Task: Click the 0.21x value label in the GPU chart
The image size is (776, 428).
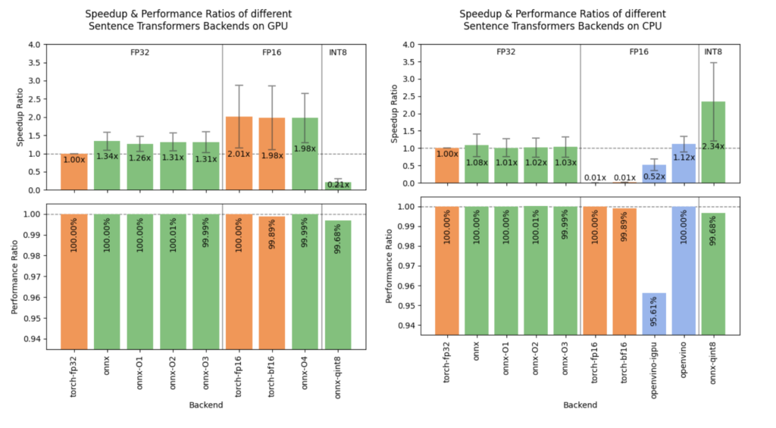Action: pos(337,185)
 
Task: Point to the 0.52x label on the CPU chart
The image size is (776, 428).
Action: pos(653,177)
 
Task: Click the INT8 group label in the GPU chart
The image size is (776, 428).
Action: pos(336,53)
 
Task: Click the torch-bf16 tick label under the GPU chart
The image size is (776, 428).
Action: pos(271,376)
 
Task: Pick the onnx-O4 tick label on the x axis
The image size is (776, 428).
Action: pos(304,371)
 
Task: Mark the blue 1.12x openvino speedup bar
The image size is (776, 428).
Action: pos(683,164)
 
